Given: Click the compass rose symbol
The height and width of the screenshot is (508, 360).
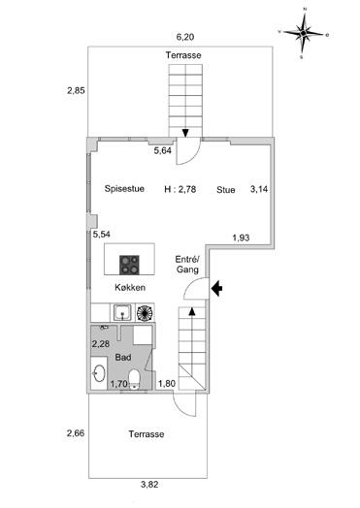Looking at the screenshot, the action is click(x=304, y=33).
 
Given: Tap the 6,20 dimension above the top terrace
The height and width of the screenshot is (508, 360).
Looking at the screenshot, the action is click(x=185, y=37).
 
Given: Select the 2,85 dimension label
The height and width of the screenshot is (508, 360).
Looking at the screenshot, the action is click(x=76, y=90).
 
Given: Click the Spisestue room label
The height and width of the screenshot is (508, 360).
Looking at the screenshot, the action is click(x=124, y=188).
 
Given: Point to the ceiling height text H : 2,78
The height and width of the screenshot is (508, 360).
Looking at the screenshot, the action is click(x=180, y=189).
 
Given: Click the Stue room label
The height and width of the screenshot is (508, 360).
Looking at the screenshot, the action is click(x=226, y=189).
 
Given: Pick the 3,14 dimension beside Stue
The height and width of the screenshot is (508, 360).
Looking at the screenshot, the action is click(x=259, y=189).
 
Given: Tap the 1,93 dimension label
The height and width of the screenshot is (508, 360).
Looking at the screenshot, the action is click(x=241, y=238).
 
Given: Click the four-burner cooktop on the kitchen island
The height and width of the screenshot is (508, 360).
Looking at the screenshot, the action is click(x=129, y=265).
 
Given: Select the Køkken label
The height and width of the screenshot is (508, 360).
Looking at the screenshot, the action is click(x=130, y=287).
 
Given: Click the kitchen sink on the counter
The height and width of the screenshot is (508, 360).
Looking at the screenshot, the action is click(x=122, y=312).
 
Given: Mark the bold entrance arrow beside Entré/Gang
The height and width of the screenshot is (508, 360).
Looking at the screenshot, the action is click(x=216, y=288).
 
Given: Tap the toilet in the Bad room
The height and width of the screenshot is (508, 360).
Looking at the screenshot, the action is click(x=134, y=380).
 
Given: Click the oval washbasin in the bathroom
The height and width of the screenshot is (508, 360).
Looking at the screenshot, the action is click(x=99, y=373).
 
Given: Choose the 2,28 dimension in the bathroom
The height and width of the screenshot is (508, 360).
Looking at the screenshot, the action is click(x=101, y=344).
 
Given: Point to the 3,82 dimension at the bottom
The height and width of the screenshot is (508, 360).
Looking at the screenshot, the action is click(x=149, y=485).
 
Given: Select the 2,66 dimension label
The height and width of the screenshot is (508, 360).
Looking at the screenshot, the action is click(x=76, y=432).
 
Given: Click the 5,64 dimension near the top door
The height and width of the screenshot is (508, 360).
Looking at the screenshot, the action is click(x=162, y=150).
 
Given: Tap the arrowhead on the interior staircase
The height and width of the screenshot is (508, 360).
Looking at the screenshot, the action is click(x=192, y=311).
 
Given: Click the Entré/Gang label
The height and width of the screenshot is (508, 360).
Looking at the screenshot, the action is click(x=187, y=265).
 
